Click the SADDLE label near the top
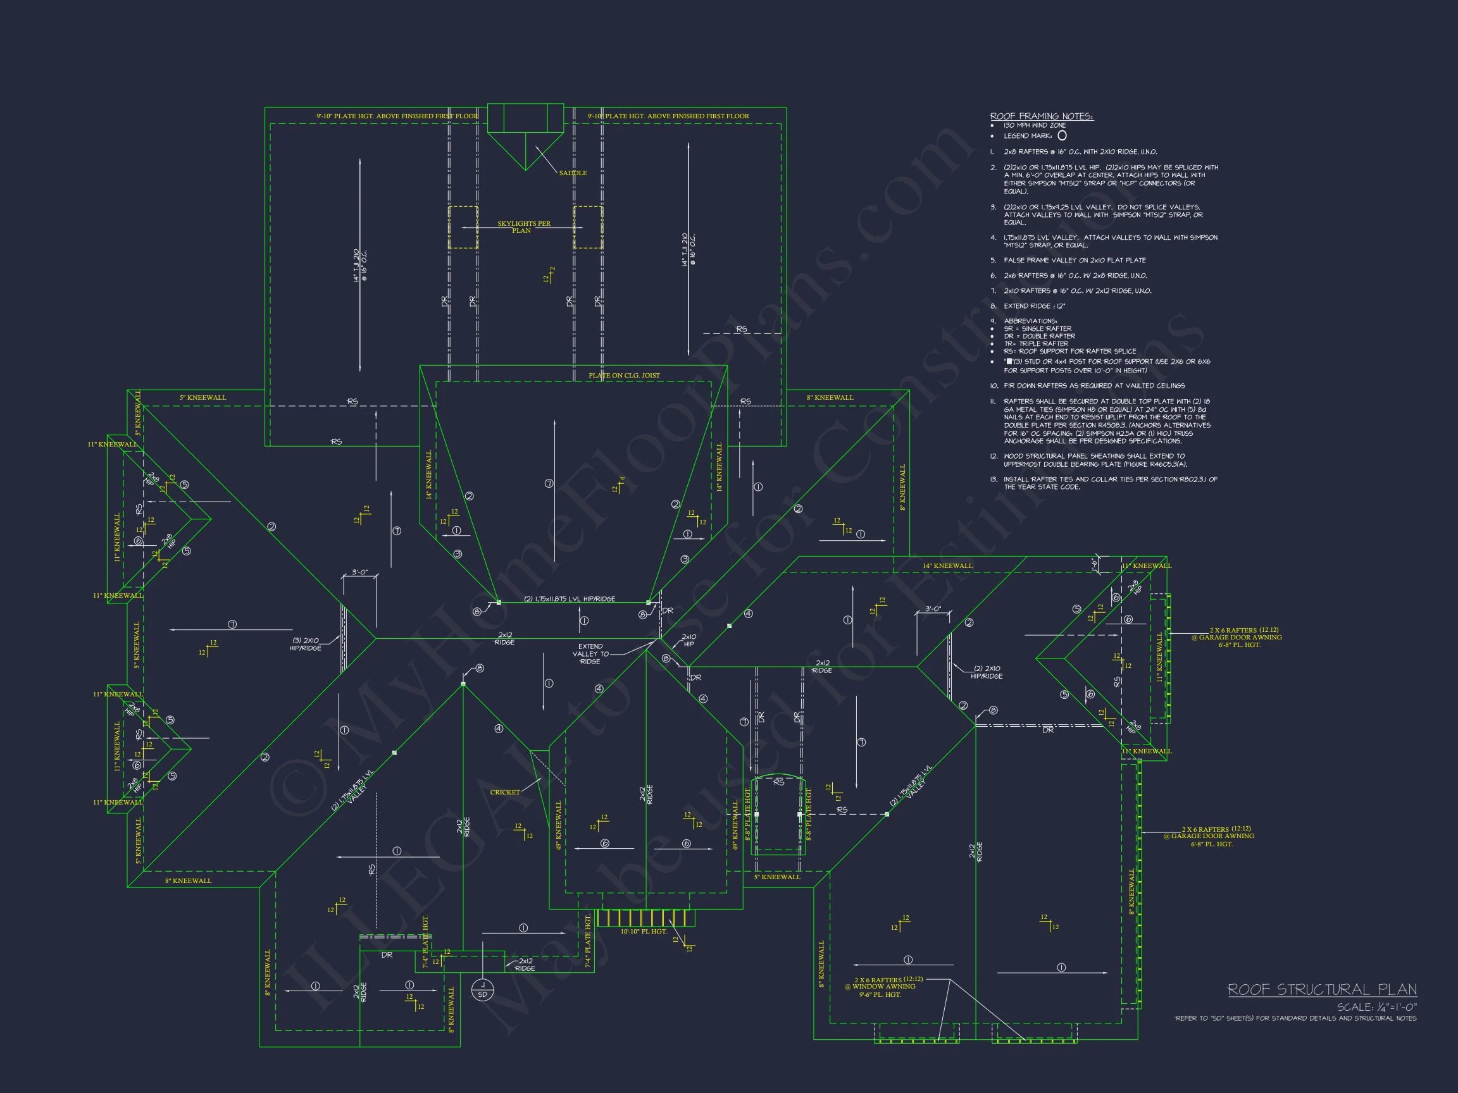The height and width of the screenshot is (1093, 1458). coord(572,173)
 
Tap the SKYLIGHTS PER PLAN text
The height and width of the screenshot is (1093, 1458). coord(523,226)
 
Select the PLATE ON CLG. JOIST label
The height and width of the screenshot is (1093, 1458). coord(623,376)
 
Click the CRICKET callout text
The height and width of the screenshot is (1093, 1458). coord(505,792)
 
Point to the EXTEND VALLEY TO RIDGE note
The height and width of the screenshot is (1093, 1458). coord(590,653)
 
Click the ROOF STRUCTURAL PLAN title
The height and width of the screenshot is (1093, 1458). coord(1321,989)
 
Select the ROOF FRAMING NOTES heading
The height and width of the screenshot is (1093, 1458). coord(1041,116)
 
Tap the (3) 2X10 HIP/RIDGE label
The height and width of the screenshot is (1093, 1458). coord(306,644)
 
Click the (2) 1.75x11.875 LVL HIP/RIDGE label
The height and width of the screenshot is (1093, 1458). coord(570,599)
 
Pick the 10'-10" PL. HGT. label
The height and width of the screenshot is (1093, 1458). coord(644,932)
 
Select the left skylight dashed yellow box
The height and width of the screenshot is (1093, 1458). coord(463,227)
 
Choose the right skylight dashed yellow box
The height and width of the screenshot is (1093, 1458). coord(588,227)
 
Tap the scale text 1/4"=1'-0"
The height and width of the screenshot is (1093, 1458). coord(1376,1007)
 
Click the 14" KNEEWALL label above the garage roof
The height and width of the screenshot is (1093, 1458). coord(947,566)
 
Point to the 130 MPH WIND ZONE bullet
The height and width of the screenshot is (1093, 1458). coord(1034,125)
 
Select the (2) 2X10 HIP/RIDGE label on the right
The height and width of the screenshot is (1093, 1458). coord(986,672)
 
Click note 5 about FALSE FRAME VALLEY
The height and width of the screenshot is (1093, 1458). coord(1074,260)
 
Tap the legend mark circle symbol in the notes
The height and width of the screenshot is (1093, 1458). coord(1062,136)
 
